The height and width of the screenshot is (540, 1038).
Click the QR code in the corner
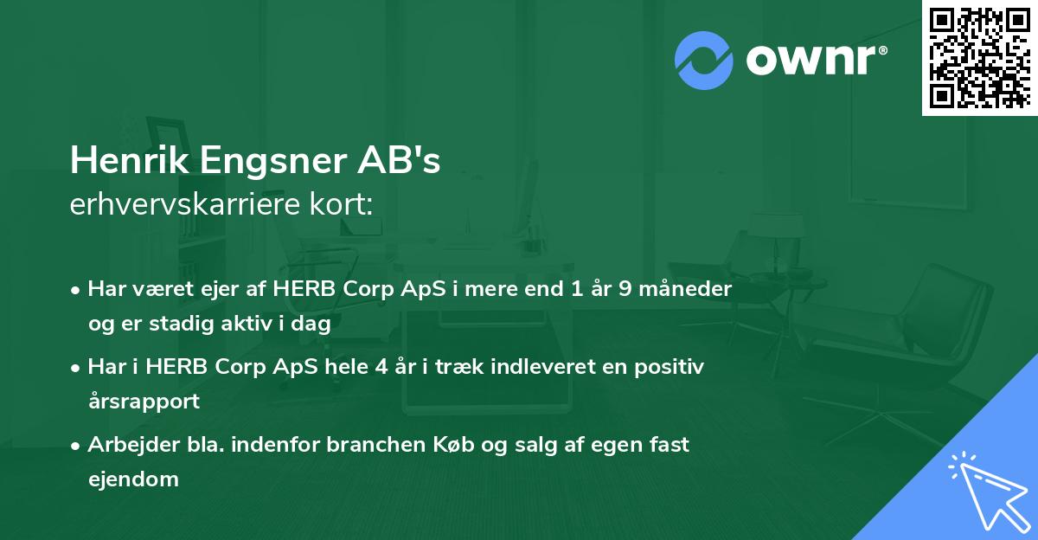point(980,57)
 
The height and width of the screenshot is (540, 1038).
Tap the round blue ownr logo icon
point(704,61)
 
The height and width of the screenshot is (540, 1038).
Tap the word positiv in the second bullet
point(674,366)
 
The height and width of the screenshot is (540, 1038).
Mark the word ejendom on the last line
point(133,479)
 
